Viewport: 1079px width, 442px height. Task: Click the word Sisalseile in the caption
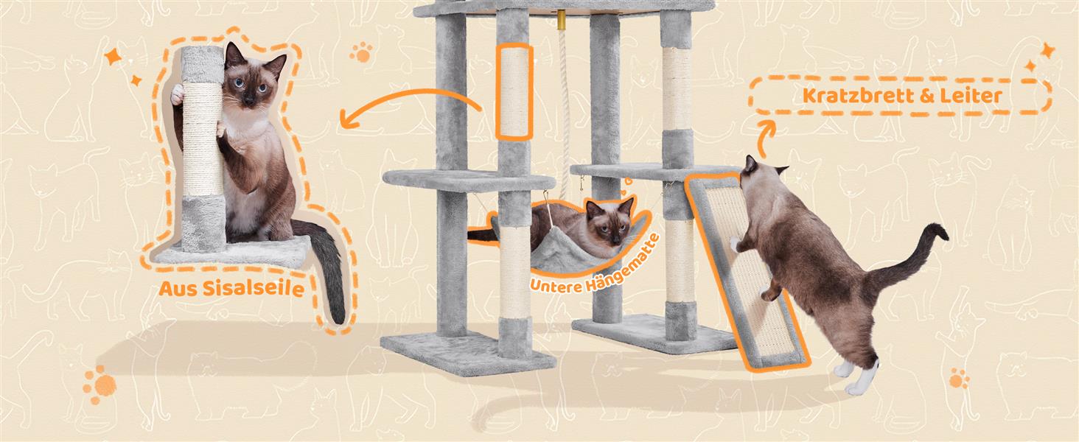[x=254, y=289]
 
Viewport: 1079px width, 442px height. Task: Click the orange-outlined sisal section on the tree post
[x=514, y=91]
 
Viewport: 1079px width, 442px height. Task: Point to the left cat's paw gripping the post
[x=178, y=94]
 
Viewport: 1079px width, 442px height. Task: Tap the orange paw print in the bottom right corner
[x=960, y=379]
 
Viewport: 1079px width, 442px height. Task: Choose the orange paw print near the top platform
[x=361, y=52]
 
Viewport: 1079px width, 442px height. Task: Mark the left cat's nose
[x=249, y=99]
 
